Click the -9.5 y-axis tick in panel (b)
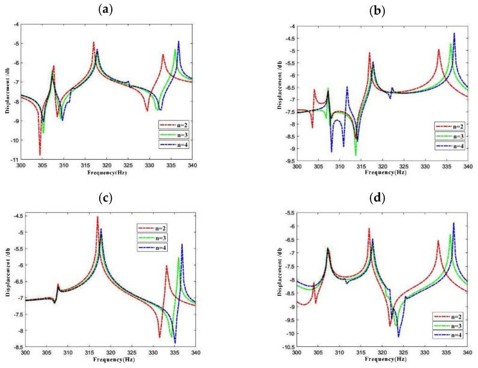click(287, 161)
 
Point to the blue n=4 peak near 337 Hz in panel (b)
click(454, 34)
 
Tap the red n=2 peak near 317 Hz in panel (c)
click(97, 217)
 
